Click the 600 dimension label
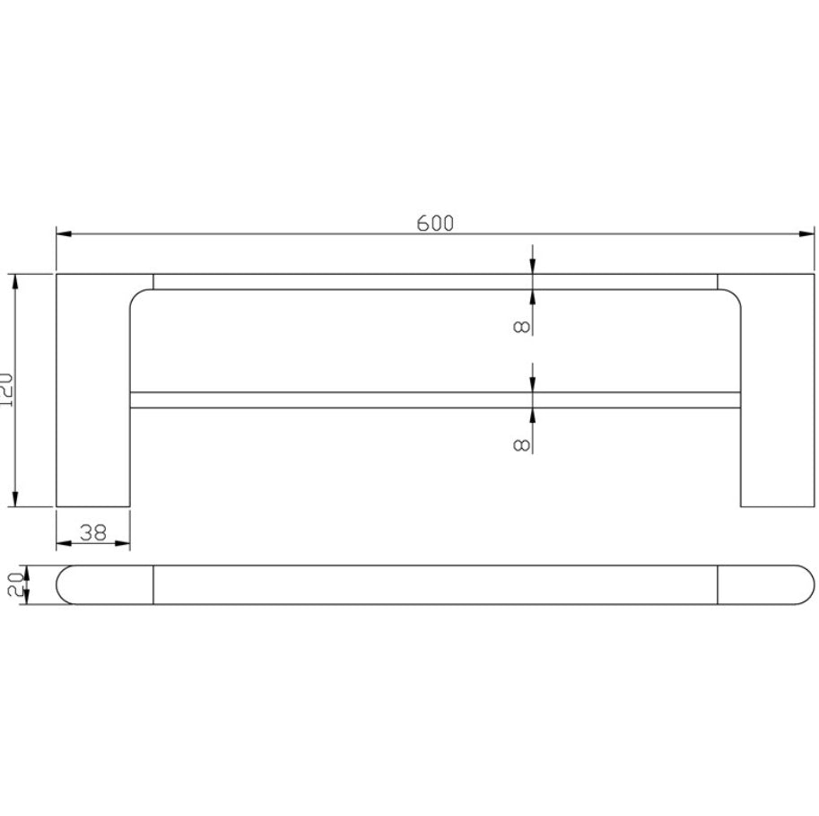click(x=435, y=224)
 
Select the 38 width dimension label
click(x=93, y=532)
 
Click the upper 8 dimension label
click(x=521, y=325)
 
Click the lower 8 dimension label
click(x=521, y=443)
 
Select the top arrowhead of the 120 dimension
click(x=15, y=281)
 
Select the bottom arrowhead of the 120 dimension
click(x=15, y=499)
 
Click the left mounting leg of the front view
click(x=93, y=395)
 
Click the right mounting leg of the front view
click(x=777, y=395)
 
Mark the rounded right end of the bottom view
click(x=802, y=584)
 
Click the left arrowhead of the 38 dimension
click(x=63, y=544)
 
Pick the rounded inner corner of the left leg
click(x=137, y=295)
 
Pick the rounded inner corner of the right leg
click(x=733, y=295)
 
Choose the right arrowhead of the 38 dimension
click(x=124, y=544)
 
